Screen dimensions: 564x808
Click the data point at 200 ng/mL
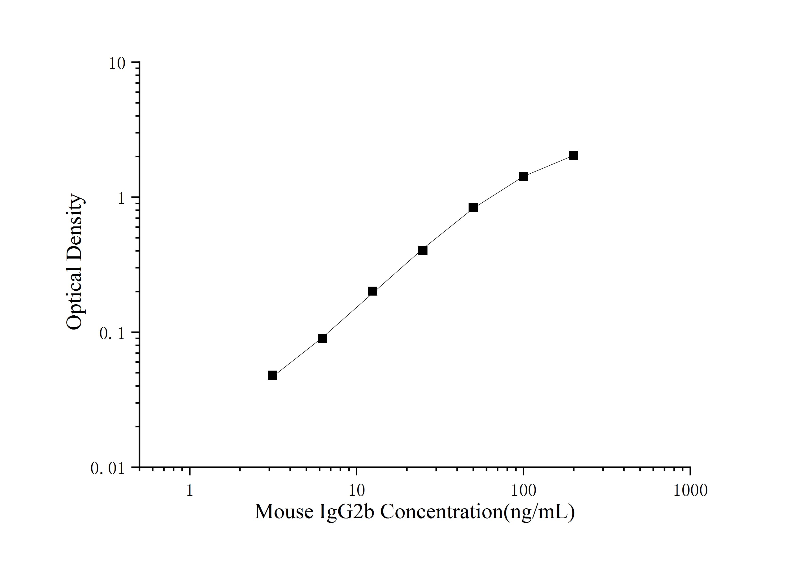click(x=574, y=155)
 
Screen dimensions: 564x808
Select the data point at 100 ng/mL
click(x=523, y=176)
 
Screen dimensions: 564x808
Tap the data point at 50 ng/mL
click(x=473, y=207)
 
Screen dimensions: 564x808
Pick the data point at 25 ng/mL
click(x=423, y=250)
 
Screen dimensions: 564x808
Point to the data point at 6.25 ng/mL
click(x=322, y=338)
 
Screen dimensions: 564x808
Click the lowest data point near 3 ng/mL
click(x=272, y=375)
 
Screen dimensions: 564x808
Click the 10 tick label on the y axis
click(x=116, y=64)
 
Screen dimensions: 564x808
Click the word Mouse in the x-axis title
click(x=284, y=512)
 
